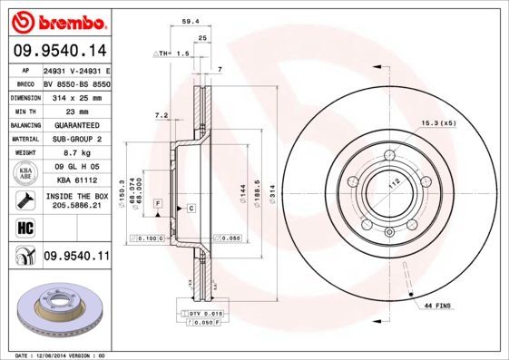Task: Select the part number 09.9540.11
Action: (x=76, y=257)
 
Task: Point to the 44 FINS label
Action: (x=438, y=307)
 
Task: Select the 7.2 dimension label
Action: (x=162, y=115)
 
